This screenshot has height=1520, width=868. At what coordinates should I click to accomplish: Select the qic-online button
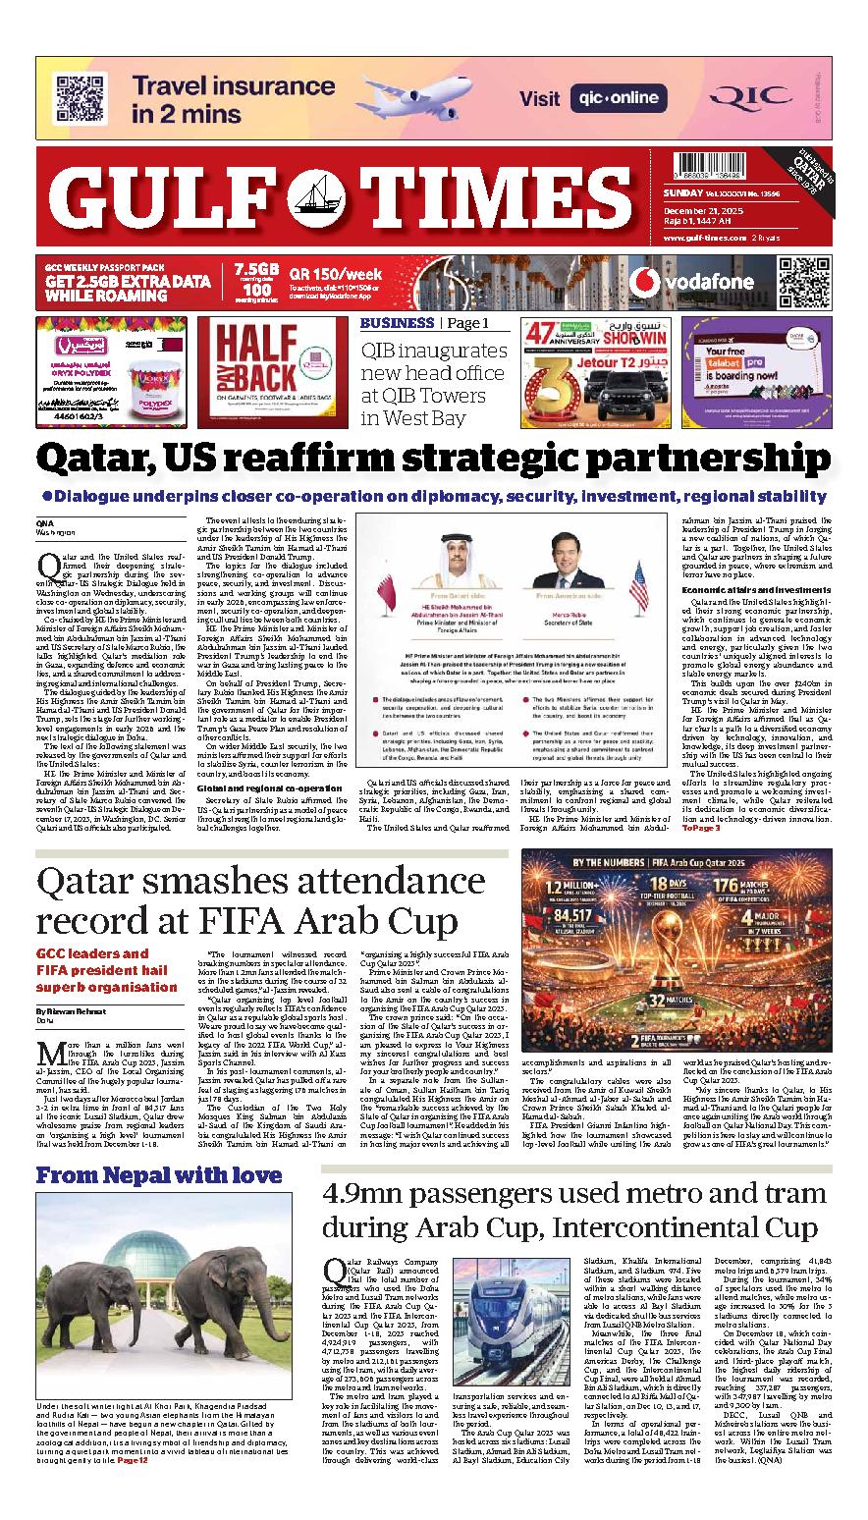point(617,98)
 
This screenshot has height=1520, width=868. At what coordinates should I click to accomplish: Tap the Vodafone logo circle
point(644,282)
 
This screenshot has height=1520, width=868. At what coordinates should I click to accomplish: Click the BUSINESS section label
point(397,323)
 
